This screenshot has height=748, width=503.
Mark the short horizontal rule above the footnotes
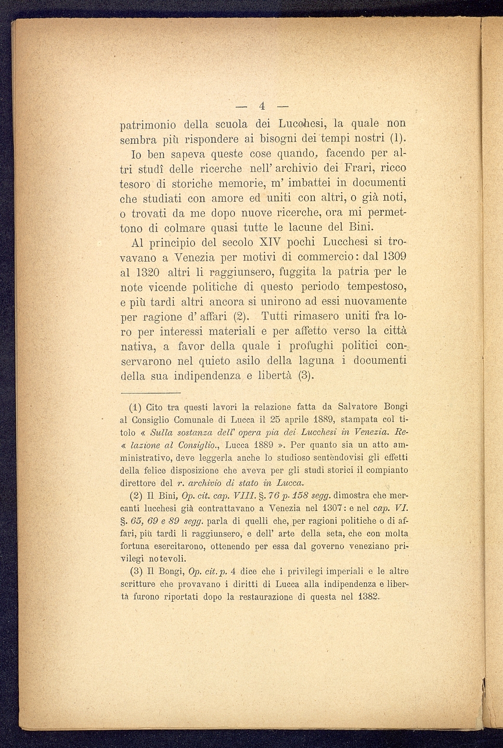click(149, 392)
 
